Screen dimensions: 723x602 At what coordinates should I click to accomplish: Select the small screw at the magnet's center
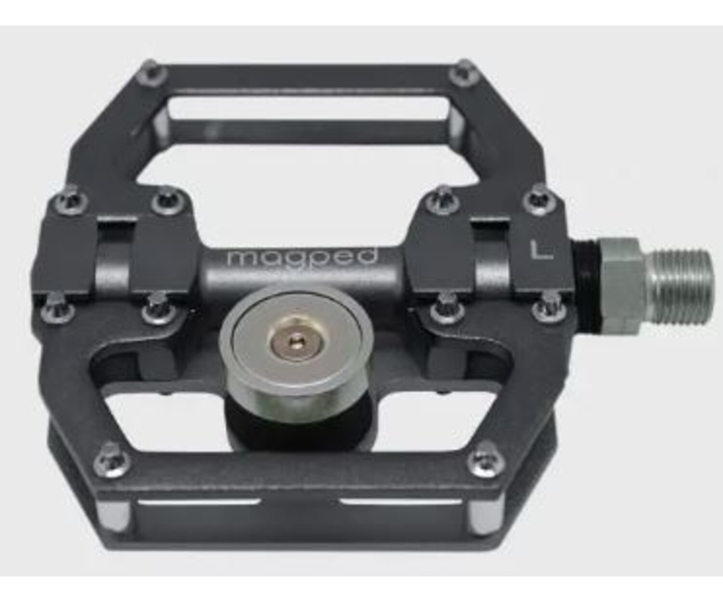pyautogui.click(x=295, y=342)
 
